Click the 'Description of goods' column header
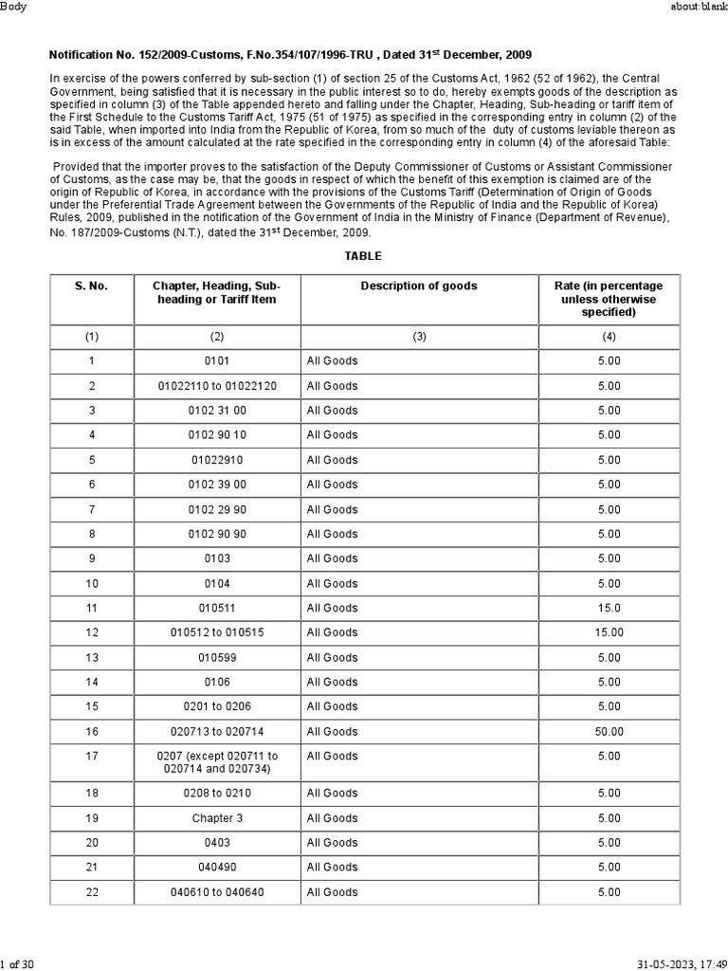tap(419, 285)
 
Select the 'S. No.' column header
tap(92, 285)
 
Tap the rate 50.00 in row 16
tap(609, 731)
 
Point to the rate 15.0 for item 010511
tap(609, 608)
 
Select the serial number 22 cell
tap(92, 891)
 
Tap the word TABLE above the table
tap(363, 256)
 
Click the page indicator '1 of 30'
tap(18, 963)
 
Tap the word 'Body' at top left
tap(15, 8)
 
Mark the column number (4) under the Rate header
tap(609, 336)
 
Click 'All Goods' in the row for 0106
tap(332, 682)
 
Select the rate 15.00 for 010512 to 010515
tap(609, 632)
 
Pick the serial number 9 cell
tap(92, 559)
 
